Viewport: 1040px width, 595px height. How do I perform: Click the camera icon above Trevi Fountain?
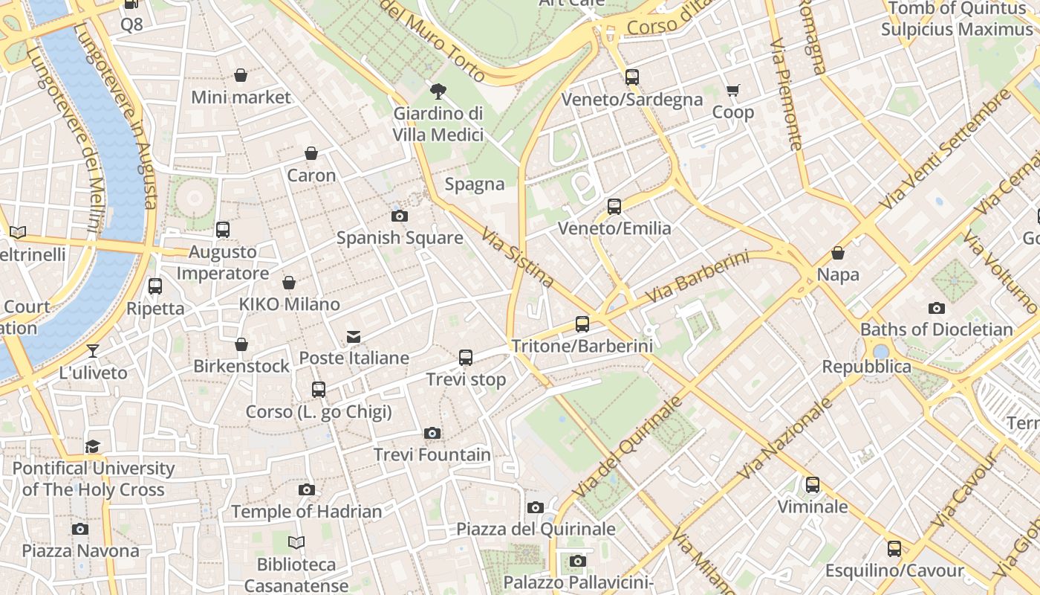click(432, 433)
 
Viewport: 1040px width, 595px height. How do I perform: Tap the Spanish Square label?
click(400, 238)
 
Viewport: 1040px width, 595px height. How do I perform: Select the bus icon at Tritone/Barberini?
click(582, 324)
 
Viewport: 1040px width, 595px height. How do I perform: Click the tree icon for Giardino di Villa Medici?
click(438, 91)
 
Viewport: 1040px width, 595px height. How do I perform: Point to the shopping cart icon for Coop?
click(733, 91)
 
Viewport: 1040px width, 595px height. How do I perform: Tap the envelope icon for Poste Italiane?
click(354, 337)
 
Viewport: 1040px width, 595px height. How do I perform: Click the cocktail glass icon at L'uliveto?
click(93, 350)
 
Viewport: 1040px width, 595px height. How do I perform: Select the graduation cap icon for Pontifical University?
click(93, 446)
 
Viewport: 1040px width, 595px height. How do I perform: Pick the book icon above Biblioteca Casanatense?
click(296, 543)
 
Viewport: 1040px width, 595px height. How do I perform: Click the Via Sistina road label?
click(518, 257)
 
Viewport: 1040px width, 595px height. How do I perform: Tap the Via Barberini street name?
click(697, 277)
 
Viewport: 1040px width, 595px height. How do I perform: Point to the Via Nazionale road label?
click(786, 439)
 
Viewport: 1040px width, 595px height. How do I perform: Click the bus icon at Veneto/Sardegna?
click(632, 77)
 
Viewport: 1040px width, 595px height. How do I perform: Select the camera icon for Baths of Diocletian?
click(937, 308)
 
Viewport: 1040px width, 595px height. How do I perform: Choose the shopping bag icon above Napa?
click(838, 254)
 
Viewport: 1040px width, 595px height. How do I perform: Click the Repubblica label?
click(866, 367)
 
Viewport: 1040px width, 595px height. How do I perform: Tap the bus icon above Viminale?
click(813, 485)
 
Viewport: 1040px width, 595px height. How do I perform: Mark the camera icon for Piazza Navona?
click(80, 529)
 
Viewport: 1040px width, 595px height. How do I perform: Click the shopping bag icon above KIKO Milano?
click(289, 283)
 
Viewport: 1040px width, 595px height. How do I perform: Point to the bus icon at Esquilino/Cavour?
click(894, 549)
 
